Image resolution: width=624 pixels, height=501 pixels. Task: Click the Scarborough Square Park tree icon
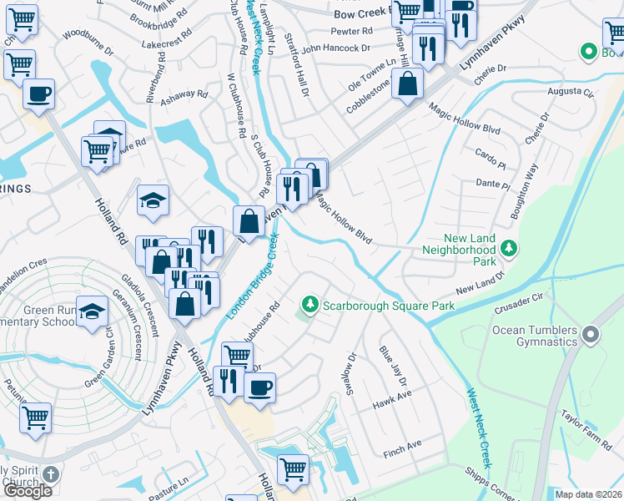310,304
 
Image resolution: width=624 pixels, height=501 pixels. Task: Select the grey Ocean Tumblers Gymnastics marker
591,335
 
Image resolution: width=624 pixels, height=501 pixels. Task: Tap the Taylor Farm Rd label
586,421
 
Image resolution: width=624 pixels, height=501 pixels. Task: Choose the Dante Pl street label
492,184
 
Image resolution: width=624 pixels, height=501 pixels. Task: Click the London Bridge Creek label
255,276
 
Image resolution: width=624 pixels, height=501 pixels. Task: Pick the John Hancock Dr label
335,48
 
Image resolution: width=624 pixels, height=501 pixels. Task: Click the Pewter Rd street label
351,31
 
